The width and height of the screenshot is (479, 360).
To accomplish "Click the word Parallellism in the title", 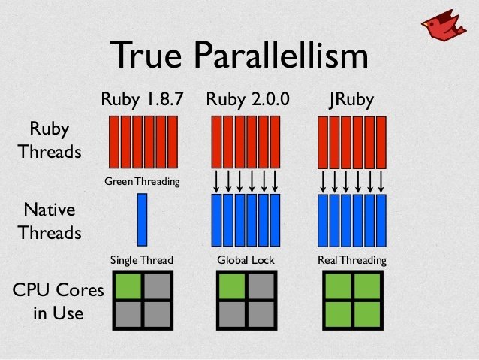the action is (281, 55).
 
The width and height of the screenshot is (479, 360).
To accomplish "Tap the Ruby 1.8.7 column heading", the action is (143, 99).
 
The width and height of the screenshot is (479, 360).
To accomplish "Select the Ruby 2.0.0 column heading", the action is (248, 99).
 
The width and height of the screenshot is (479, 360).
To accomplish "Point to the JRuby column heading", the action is (351, 100).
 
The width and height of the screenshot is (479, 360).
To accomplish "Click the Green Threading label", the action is (142, 181).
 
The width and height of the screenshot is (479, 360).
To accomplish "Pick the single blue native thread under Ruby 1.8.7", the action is (142, 219).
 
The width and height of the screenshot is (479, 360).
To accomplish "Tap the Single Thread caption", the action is (142, 260).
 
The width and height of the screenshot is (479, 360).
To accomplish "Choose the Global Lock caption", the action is (246, 260).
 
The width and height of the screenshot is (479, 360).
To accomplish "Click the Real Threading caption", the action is (352, 260).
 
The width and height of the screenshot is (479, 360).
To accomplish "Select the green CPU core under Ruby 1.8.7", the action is (128, 286).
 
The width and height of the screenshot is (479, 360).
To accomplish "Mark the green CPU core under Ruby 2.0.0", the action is (232, 286).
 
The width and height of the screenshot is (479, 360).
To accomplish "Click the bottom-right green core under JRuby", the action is (367, 314).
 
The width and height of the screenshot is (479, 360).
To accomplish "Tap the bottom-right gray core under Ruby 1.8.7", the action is (157, 314).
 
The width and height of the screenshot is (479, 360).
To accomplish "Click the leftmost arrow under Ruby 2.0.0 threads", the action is (216, 181).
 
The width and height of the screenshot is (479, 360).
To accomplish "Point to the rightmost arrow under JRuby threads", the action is (381, 181).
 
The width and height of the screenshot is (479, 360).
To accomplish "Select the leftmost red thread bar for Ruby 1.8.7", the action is (114, 142).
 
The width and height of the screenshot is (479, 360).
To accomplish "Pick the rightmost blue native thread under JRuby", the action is (381, 220).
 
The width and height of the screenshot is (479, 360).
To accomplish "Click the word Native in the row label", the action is (50, 210).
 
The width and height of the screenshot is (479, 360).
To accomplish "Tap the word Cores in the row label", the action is (80, 289).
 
